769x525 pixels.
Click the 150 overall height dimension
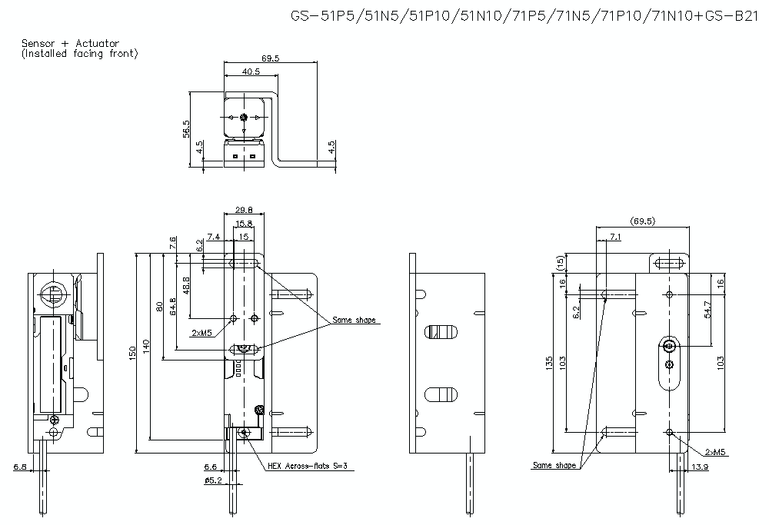(132, 352)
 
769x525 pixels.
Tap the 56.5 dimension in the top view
(186, 128)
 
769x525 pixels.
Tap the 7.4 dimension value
(214, 237)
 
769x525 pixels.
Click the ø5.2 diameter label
(212, 480)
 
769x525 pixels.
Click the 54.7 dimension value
(708, 309)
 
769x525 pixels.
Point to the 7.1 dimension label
(615, 237)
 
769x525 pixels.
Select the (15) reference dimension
(559, 263)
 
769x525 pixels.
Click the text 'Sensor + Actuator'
(70, 44)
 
